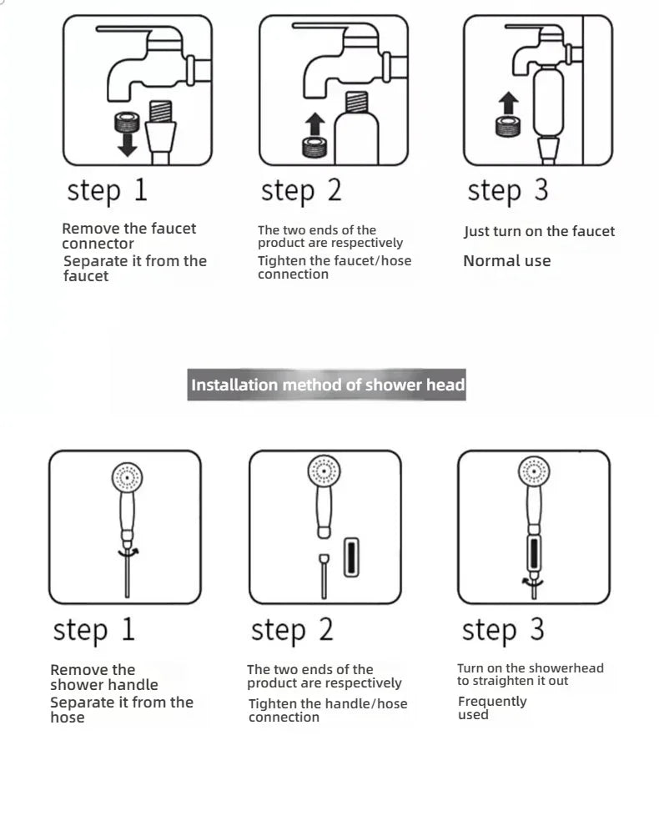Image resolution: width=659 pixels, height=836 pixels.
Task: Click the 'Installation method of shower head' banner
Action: pos(327,385)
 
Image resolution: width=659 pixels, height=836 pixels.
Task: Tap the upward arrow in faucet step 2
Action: pos(314,124)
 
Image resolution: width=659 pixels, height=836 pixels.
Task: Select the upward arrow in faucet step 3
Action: pos(508,105)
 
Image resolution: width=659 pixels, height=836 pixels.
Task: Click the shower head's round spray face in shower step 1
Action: pos(128,478)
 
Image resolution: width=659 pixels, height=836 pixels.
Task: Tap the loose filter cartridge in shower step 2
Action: pos(352,556)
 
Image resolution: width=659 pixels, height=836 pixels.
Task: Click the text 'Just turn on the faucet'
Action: pos(539,231)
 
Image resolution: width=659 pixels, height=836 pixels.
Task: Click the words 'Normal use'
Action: pos(507,260)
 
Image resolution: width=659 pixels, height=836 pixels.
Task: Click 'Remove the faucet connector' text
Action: pos(128,235)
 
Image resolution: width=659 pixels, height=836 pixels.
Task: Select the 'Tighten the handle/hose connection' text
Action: pos(328,710)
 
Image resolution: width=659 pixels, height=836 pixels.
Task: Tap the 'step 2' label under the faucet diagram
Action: pos(301,190)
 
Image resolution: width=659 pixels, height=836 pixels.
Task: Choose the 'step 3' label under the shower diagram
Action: pos(503,630)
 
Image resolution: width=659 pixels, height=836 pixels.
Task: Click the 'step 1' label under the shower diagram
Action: pos(93,630)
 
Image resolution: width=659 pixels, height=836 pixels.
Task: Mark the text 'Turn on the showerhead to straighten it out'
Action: pos(530,674)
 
